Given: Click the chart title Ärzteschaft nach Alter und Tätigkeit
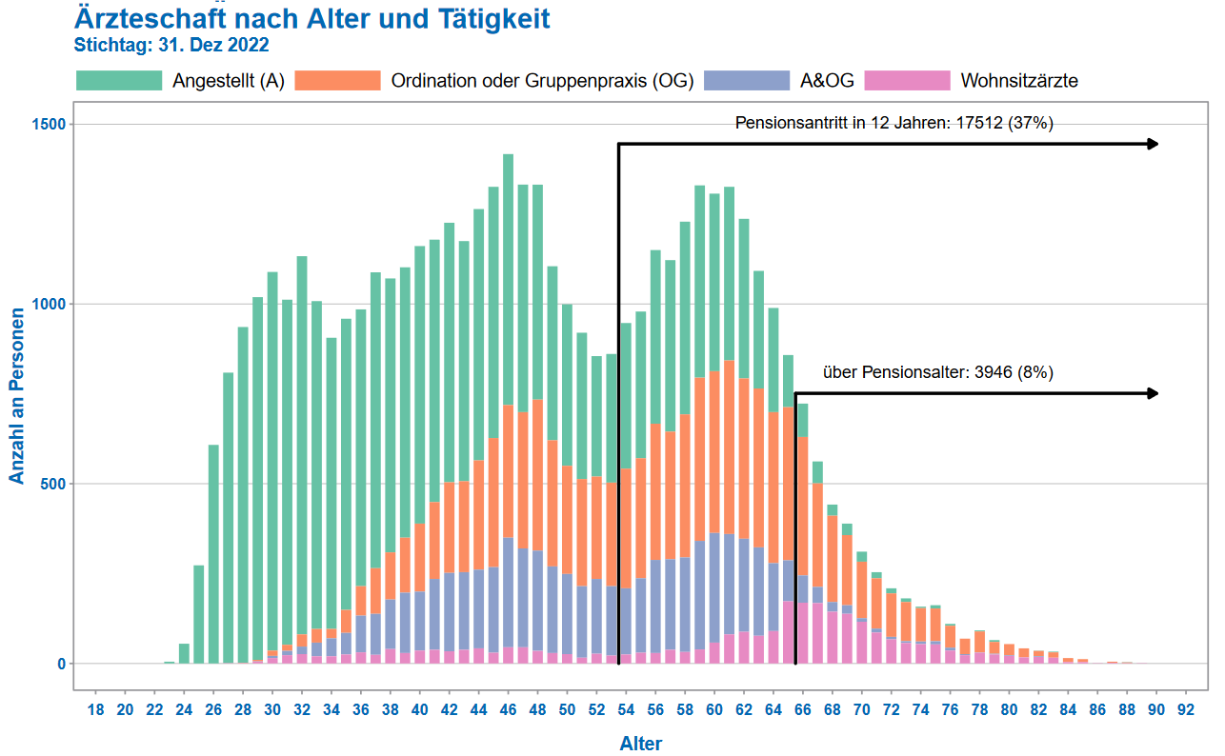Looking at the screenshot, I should point(311,18).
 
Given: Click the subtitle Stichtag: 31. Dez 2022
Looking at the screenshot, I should point(171,45).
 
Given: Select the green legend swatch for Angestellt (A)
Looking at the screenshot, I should point(119,81).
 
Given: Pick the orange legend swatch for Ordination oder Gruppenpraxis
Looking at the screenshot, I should point(338,81).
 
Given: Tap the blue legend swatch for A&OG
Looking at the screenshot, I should point(747,81).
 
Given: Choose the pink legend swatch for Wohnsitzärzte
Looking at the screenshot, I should point(907,81).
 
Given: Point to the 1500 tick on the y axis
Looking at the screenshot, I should point(49,125).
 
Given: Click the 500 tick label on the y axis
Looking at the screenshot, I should point(53,484).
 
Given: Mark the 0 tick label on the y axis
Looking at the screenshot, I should point(60,664).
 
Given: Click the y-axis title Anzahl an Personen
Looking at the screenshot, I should point(17,394).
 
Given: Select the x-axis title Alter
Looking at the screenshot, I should point(641,744).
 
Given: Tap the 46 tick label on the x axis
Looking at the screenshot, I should point(509,709).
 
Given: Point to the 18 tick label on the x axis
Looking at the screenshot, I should point(96,709).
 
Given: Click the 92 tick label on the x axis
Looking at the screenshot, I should point(1186,709).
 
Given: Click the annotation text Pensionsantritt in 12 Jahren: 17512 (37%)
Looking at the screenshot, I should point(894,123).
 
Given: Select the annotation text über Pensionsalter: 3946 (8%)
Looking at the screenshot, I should point(937,372).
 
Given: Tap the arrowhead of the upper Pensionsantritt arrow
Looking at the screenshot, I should point(1153,144).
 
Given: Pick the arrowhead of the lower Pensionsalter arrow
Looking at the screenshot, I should point(1153,393).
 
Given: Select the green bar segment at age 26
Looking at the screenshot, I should point(213,552).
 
